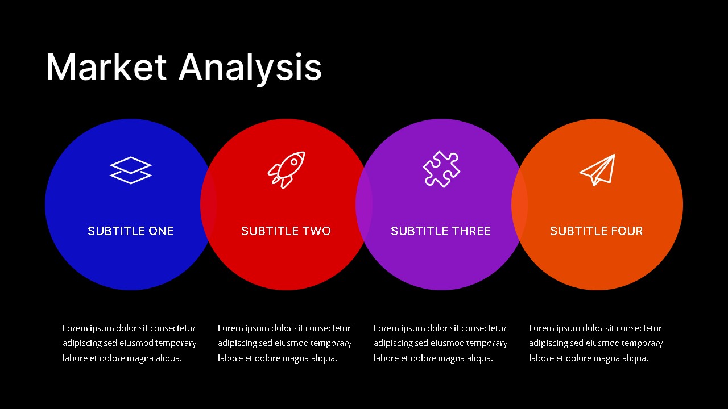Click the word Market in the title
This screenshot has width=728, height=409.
point(106,67)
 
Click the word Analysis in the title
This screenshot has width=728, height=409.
point(250,69)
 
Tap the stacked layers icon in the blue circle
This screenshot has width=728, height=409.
point(131,170)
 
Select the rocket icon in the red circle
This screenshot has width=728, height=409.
point(286,170)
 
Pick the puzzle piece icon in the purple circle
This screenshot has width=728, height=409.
point(441,169)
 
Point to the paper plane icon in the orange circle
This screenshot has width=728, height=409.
point(598,170)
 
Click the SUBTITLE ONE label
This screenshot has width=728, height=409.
point(131,231)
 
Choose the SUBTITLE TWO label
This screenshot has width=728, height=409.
point(286,231)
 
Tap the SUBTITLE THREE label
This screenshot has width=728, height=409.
point(441,231)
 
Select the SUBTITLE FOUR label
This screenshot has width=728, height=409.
point(597,231)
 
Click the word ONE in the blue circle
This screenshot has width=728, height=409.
point(161,231)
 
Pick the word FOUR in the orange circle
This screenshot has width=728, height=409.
point(627,231)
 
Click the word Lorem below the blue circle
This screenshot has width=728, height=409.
point(75,328)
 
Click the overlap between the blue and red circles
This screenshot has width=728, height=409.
point(208,204)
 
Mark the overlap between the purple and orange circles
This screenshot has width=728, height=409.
point(519,204)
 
